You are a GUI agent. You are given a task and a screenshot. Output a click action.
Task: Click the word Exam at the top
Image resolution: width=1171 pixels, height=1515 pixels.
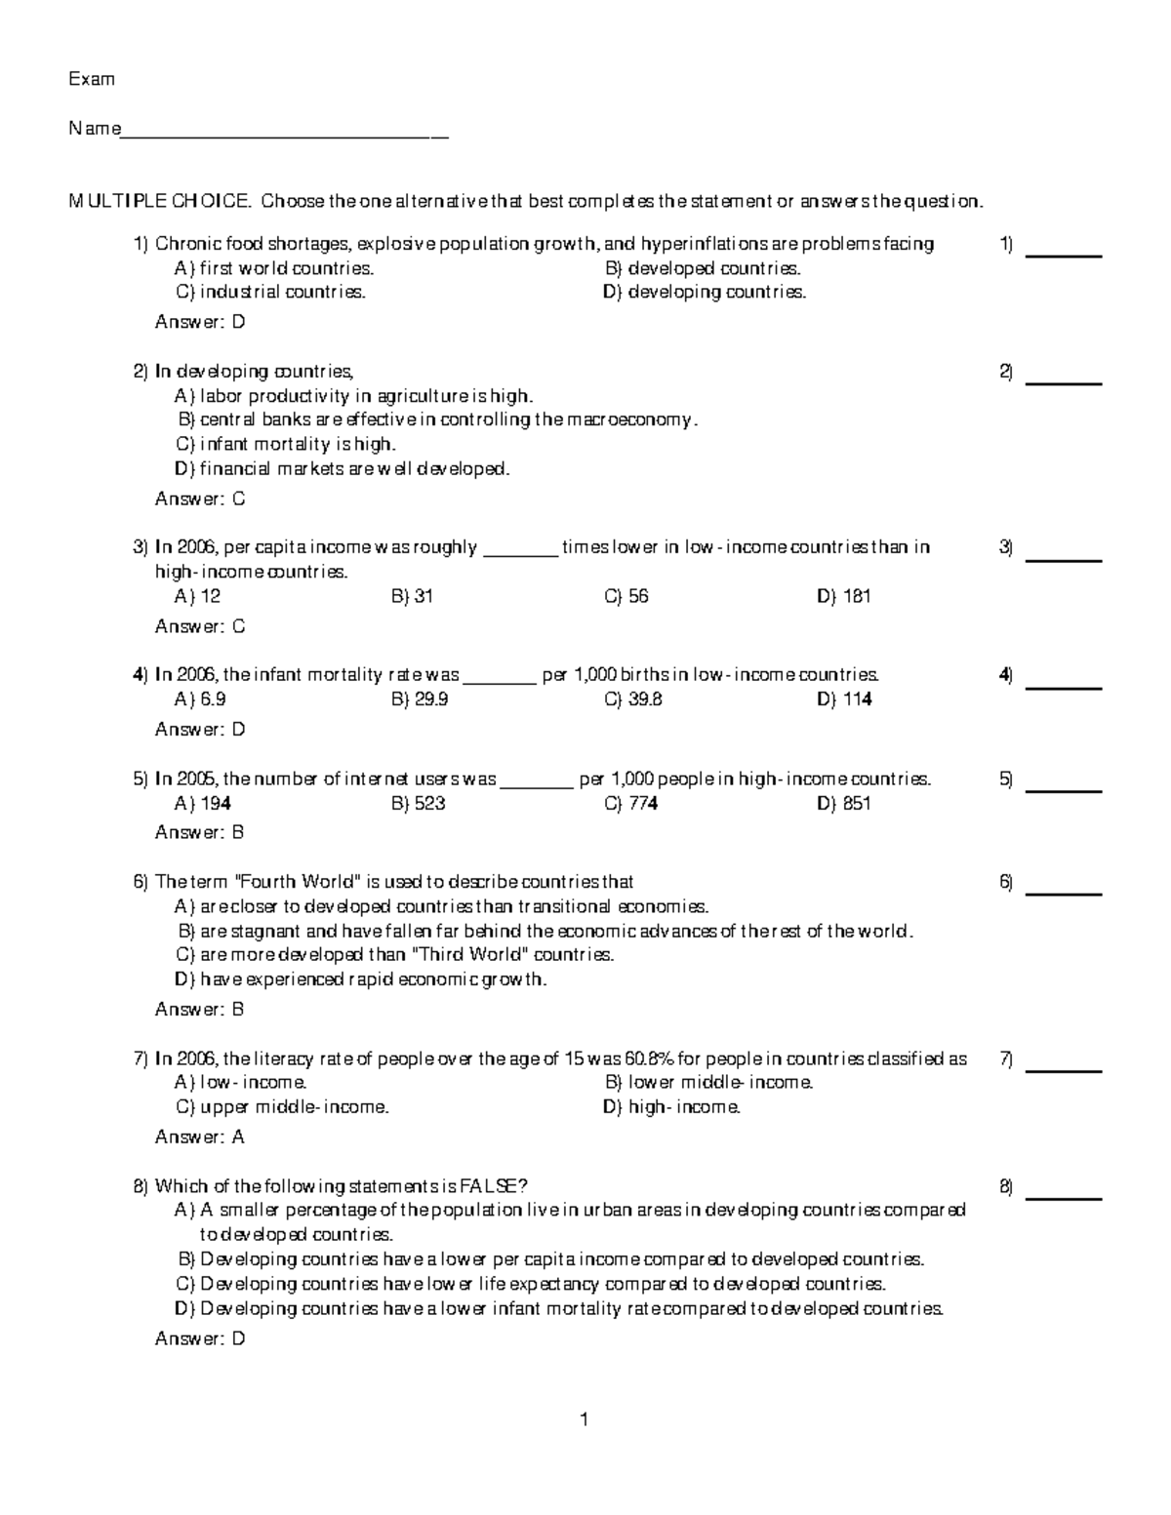[91, 79]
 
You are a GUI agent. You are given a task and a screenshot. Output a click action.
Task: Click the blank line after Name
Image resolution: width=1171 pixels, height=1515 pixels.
[284, 135]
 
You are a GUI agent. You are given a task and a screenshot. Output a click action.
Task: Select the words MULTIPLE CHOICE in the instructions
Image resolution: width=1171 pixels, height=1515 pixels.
[158, 202]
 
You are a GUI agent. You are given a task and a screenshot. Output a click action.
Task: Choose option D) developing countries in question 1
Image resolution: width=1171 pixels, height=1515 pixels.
[705, 292]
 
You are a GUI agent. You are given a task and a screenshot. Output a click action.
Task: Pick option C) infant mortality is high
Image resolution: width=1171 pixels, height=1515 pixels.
[285, 444]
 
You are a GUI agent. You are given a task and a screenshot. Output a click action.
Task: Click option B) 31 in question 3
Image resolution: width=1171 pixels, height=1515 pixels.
[412, 596]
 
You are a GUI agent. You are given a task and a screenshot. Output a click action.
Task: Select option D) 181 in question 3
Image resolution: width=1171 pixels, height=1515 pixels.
[843, 596]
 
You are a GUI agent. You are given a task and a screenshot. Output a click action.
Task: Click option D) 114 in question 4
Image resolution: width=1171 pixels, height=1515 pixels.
[843, 699]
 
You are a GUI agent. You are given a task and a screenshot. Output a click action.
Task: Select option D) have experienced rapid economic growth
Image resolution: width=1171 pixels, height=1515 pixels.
[361, 979]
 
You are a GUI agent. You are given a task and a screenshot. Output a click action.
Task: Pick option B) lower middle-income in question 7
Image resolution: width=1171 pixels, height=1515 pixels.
[708, 1083]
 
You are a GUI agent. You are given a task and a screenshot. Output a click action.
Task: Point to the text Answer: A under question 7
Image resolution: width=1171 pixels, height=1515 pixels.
[200, 1136]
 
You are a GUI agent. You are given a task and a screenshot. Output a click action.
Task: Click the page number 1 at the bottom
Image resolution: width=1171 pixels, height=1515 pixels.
[584, 1420]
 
